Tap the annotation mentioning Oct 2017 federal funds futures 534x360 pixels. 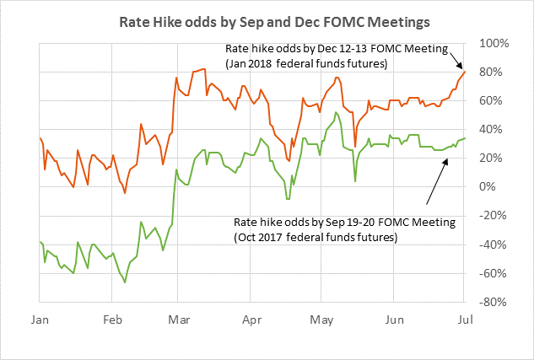(344, 230)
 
